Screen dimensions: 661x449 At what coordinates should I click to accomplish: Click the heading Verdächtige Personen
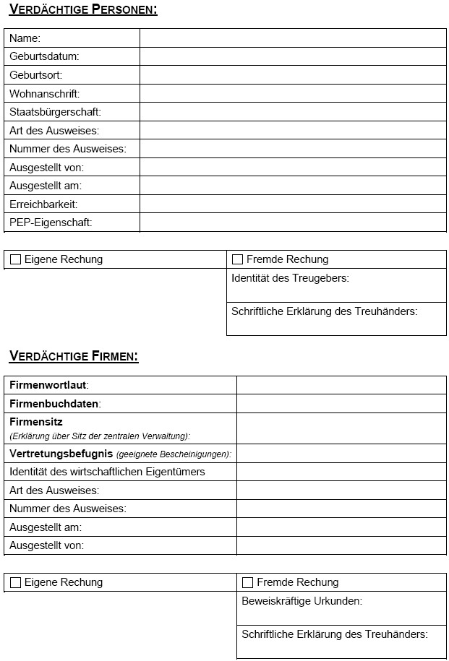[83, 9]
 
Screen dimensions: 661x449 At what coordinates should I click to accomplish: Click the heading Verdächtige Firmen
[74, 356]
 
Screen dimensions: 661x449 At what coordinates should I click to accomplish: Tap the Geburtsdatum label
[44, 56]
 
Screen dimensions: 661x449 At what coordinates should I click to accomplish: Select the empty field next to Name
[293, 38]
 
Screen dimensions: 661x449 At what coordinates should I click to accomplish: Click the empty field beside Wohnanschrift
[293, 94]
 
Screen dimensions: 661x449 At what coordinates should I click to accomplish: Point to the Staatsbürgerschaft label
[55, 112]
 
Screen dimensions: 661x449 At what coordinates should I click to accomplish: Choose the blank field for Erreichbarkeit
[293, 204]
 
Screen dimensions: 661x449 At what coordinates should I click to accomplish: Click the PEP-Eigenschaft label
[51, 223]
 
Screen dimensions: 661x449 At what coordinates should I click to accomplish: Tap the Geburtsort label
[36, 75]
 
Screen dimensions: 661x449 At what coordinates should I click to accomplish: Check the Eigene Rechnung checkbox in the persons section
[15, 260]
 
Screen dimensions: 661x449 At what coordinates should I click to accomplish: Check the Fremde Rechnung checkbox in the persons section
[237, 260]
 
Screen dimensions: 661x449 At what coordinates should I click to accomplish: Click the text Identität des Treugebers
[290, 278]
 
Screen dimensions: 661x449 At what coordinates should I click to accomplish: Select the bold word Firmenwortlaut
[48, 385]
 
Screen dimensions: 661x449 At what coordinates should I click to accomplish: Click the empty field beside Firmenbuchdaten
[341, 404]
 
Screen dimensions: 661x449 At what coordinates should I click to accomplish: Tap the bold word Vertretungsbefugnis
[61, 454]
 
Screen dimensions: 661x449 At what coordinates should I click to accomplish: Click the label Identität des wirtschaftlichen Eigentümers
[107, 472]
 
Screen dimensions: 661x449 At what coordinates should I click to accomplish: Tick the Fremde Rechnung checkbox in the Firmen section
[247, 583]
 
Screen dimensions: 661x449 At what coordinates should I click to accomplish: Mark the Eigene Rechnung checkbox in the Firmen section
[15, 583]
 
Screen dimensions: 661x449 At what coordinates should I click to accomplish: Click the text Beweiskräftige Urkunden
[302, 601]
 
